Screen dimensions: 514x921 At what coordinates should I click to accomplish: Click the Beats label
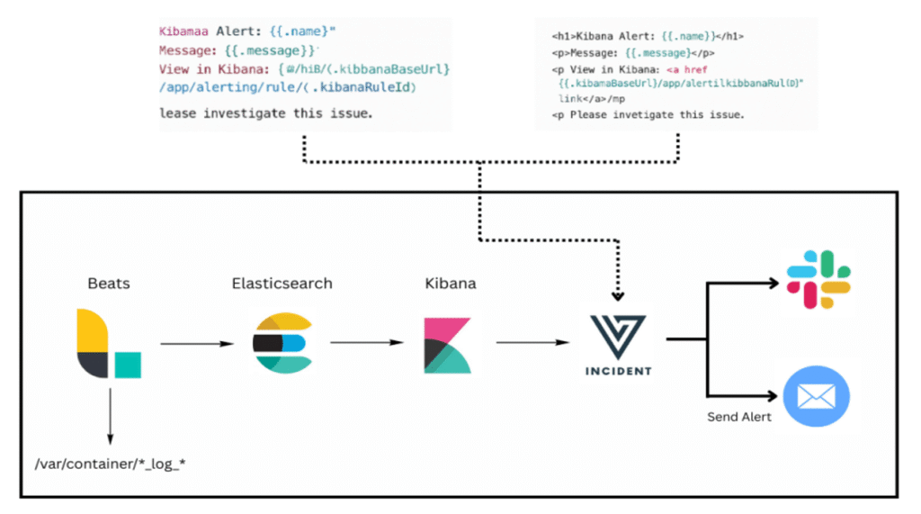pyautogui.click(x=108, y=283)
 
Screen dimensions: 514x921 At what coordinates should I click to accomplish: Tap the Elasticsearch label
pyautogui.click(x=282, y=283)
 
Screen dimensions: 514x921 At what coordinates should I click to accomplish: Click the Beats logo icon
pyautogui.click(x=107, y=343)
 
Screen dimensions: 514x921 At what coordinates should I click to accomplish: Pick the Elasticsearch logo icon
pyautogui.click(x=282, y=343)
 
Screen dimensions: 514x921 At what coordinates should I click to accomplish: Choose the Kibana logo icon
pyautogui.click(x=447, y=344)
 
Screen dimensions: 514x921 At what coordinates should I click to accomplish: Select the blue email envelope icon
pyautogui.click(x=817, y=396)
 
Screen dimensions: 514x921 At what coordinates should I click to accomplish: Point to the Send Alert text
pyautogui.click(x=738, y=417)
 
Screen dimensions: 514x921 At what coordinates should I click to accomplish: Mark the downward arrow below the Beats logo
pyautogui.click(x=109, y=414)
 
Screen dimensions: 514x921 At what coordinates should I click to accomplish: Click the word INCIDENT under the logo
pyautogui.click(x=618, y=371)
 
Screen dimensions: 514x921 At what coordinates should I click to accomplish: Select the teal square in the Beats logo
pyautogui.click(x=127, y=365)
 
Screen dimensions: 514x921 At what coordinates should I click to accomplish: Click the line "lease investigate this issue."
pyautogui.click(x=265, y=113)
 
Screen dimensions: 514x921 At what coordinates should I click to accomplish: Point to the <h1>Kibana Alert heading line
pyautogui.click(x=647, y=37)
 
